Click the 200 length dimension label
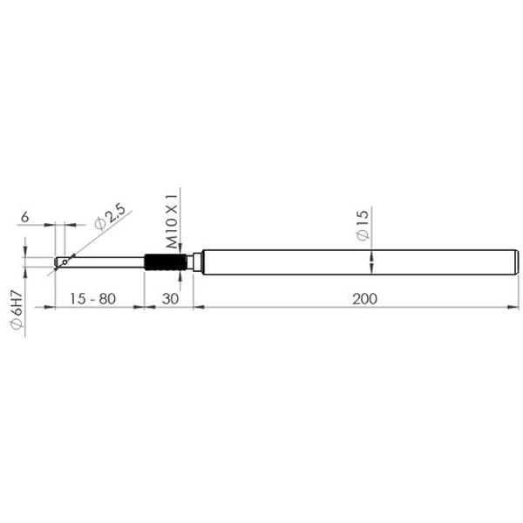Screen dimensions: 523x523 (364, 299)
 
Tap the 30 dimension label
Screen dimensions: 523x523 (170, 299)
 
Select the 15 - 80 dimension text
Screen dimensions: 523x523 (92, 299)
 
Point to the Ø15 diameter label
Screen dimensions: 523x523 (363, 225)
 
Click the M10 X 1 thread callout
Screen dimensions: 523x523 (172, 221)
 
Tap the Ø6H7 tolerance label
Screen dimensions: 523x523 (17, 310)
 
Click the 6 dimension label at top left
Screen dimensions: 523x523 (25, 217)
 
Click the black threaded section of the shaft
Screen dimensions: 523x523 (166, 262)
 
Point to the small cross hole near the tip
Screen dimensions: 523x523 (65, 262)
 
